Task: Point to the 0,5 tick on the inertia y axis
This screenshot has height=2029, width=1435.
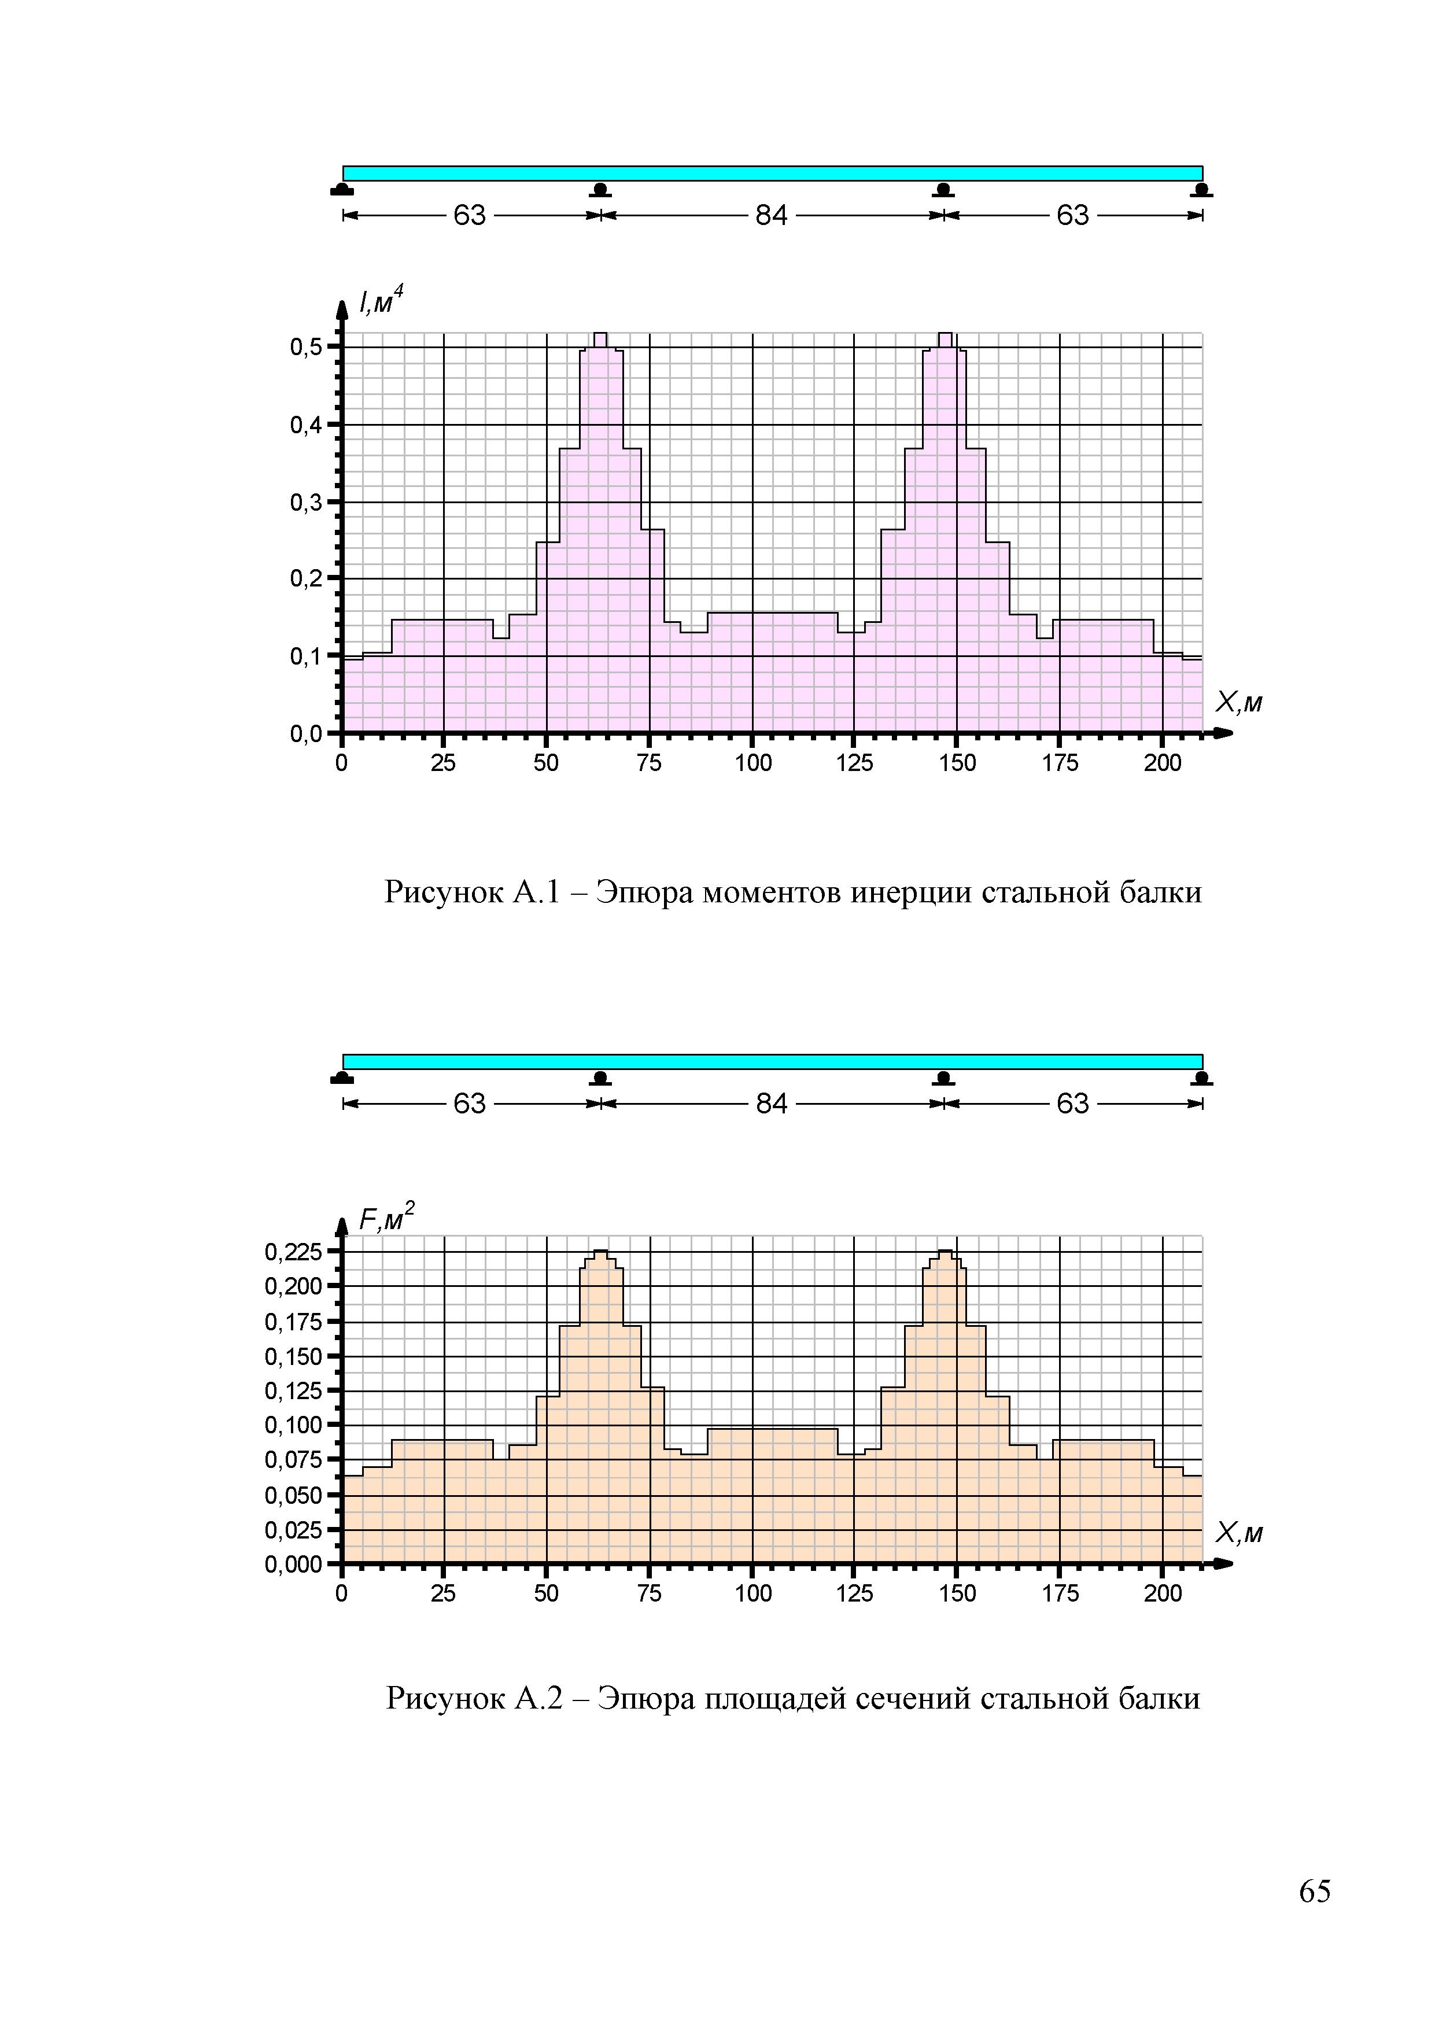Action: tap(306, 347)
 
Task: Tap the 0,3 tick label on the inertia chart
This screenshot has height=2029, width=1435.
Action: tap(306, 503)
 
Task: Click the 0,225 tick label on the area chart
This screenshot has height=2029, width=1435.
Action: tap(293, 1251)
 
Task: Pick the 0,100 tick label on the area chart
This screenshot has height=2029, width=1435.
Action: tap(293, 1425)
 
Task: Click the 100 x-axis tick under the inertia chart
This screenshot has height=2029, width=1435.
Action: tap(753, 763)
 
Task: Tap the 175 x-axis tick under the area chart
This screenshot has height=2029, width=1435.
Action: tap(1060, 1593)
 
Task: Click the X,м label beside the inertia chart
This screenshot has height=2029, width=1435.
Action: tap(1238, 703)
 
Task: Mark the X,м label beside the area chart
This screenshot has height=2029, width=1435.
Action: tap(1238, 1533)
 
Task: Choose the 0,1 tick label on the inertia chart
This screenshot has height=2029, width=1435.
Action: tap(306, 656)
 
